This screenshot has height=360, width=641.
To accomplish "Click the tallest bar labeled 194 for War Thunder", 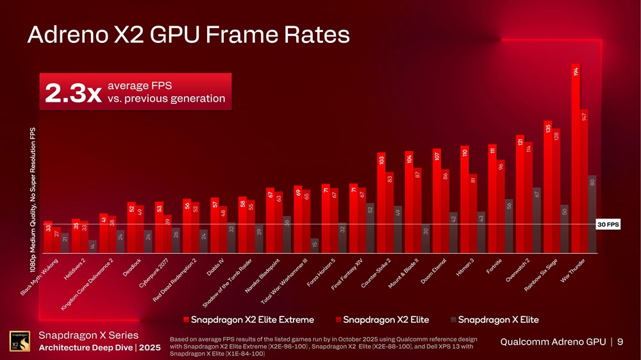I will [x=576, y=160].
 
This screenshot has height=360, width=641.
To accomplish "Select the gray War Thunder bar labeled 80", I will [x=592, y=215].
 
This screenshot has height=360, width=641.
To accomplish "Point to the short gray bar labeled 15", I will [x=314, y=246].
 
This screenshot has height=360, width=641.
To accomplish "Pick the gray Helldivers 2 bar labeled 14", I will [x=92, y=247].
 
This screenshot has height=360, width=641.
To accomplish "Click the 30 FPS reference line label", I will [x=608, y=224].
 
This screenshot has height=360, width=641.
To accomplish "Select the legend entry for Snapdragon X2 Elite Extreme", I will [x=249, y=319].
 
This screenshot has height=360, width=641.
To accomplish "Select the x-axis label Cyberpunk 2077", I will [x=154, y=275].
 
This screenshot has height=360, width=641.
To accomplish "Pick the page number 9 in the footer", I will [x=619, y=342].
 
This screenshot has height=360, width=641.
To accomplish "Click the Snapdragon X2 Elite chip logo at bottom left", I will [x=19, y=342].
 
